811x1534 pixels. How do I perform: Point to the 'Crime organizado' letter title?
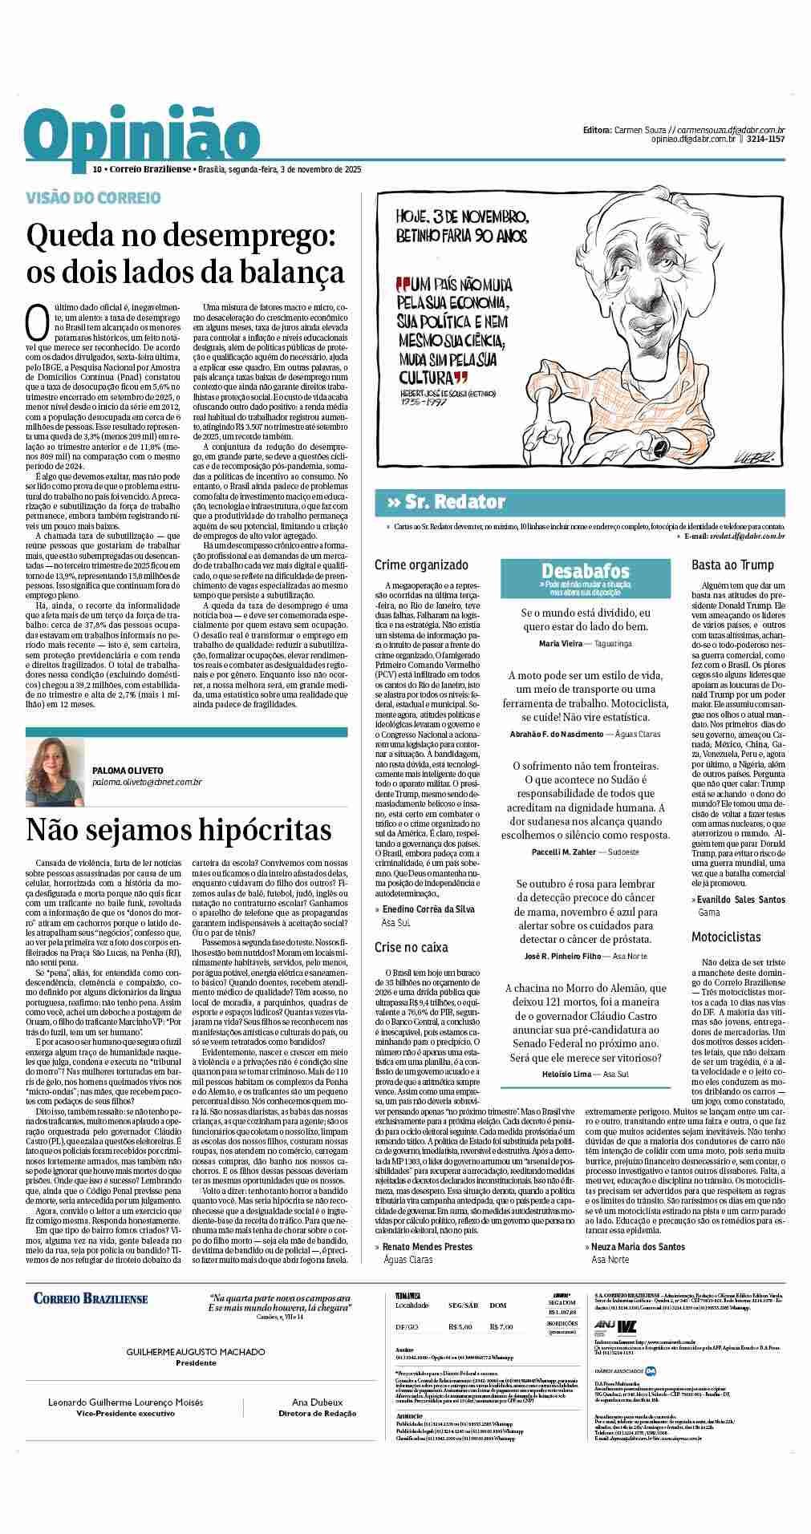click(421, 565)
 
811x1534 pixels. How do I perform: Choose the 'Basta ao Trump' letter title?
click(732, 565)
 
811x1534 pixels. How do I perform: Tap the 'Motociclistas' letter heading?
click(726, 937)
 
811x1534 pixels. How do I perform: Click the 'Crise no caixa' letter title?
click(412, 947)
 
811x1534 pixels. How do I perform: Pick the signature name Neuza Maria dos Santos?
click(639, 1246)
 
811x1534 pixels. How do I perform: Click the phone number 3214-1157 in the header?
click(764, 139)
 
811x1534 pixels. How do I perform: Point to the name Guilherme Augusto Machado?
click(196, 1351)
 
